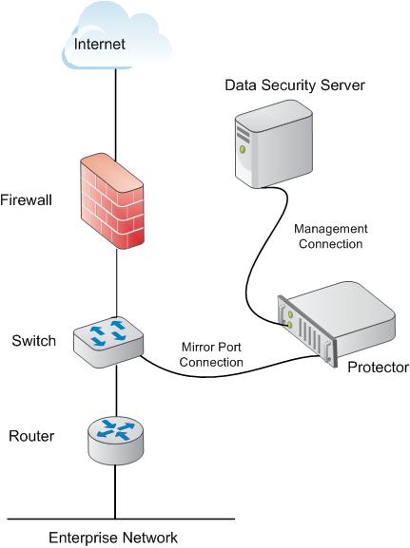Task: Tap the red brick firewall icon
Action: [112, 201]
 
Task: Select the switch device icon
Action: [108, 342]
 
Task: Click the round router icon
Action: [115, 441]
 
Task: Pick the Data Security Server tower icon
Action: [274, 144]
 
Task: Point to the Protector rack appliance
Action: [336, 323]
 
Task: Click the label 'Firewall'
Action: [26, 200]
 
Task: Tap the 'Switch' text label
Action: [33, 341]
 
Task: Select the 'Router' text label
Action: [31, 436]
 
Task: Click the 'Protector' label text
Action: [378, 368]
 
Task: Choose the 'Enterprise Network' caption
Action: [113, 538]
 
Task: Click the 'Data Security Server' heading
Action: [295, 85]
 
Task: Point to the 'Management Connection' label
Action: [331, 236]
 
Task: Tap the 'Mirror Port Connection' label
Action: [211, 354]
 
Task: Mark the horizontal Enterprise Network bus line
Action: [121, 519]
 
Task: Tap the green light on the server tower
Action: [243, 149]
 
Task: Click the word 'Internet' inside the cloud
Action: [100, 44]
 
